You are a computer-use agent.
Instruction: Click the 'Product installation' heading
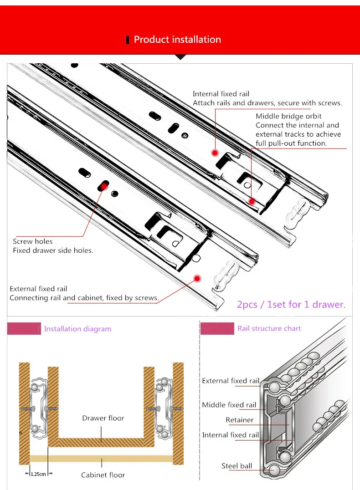tap(177, 40)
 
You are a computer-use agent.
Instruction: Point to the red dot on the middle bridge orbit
tap(252, 201)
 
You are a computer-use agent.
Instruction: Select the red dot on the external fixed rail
tap(197, 278)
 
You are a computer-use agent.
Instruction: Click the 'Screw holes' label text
tap(32, 241)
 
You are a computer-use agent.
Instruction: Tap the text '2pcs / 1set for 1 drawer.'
tap(291, 304)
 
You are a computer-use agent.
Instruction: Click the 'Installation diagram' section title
tap(77, 329)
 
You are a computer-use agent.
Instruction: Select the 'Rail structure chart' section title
tap(269, 328)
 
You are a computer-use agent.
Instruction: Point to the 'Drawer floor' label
tap(103, 418)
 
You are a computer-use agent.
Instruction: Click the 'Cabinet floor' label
tap(103, 475)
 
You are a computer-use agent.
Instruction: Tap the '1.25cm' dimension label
tap(38, 474)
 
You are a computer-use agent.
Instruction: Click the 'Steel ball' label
tap(237, 466)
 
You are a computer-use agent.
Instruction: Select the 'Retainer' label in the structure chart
tap(240, 420)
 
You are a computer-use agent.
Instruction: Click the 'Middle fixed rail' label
tap(229, 405)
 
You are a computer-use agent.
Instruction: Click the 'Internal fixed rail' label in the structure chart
tap(230, 435)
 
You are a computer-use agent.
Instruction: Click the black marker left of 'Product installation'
tap(128, 40)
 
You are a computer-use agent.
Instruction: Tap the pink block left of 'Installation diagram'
tap(24, 329)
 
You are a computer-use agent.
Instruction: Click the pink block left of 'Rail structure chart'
tap(217, 328)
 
